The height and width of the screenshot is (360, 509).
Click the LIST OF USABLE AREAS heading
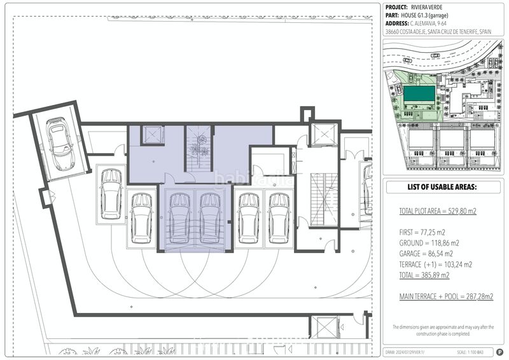pyautogui.click(x=445, y=187)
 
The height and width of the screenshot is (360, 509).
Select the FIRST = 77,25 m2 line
pyautogui.click(x=426, y=232)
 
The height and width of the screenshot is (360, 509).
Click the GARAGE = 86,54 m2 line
pyautogui.click(x=429, y=254)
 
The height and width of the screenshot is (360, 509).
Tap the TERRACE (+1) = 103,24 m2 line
pyautogui.click(x=436, y=265)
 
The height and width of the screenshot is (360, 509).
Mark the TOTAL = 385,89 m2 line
pyautogui.click(x=424, y=275)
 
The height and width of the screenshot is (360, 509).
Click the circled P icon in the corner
pyautogui.click(x=499, y=351)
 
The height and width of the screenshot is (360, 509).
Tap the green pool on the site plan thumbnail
pyautogui.click(x=420, y=95)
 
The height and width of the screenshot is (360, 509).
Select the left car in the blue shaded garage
pyautogui.click(x=179, y=218)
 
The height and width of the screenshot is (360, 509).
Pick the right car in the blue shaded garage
pyautogui.click(x=209, y=218)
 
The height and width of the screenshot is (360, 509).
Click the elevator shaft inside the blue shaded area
pyautogui.click(x=154, y=135)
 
